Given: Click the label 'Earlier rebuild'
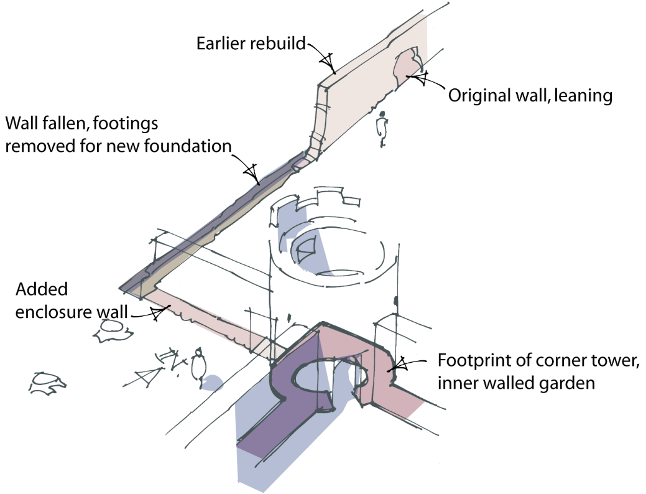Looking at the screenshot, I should point(251,44).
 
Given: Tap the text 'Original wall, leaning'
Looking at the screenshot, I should point(530,96).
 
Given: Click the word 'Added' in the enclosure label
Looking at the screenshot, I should point(41,289).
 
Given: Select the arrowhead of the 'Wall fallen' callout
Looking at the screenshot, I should point(251,170).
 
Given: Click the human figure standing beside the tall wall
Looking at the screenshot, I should point(383,128).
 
